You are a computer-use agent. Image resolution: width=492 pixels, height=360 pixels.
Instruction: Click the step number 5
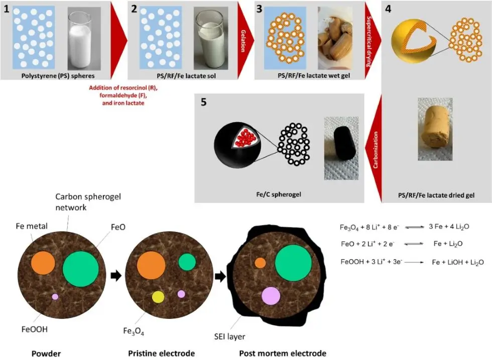pyautogui.click(x=203, y=102)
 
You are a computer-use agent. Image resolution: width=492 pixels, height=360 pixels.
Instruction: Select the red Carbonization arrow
pyautogui.click(x=375, y=149)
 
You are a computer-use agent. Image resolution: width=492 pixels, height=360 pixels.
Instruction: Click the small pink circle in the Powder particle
pyautogui.click(x=55, y=297)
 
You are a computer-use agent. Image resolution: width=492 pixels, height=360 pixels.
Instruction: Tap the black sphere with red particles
pyautogui.click(x=237, y=147)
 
